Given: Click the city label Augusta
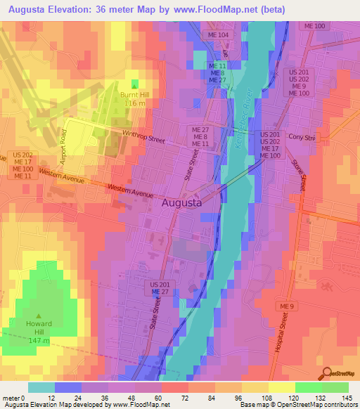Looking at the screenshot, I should coord(181,202).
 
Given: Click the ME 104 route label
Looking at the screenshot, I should coord(219,34).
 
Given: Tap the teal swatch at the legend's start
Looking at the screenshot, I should coord(41,387).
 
